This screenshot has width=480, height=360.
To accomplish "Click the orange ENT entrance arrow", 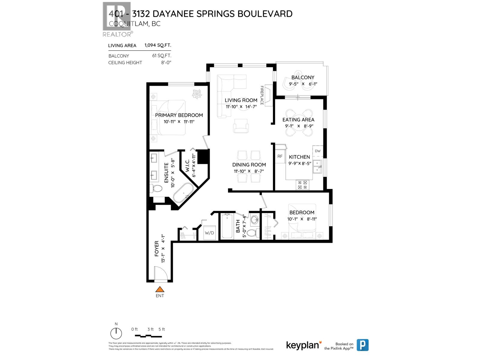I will [160, 289].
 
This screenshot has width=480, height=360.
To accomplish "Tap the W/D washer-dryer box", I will [209, 233].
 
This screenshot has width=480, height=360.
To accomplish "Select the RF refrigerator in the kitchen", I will [280, 156].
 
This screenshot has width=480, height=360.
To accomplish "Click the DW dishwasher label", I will [318, 151].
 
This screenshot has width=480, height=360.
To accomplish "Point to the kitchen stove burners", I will [302, 185].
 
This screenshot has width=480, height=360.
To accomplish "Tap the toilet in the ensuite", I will [156, 189].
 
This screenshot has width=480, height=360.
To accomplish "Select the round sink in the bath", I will [255, 219].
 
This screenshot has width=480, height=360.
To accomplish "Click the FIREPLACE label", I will [262, 95].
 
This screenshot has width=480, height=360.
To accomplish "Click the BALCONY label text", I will [303, 77].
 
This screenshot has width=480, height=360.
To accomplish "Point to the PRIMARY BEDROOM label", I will [179, 115].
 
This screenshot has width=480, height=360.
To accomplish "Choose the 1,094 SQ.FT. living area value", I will [158, 45].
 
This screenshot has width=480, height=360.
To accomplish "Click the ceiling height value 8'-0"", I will [166, 63].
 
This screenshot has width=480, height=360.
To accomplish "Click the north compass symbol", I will [116, 333].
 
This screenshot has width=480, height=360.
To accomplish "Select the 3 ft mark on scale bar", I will [150, 329].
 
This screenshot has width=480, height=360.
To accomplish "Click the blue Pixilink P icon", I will [362, 345].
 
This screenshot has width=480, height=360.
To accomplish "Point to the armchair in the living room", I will [241, 126].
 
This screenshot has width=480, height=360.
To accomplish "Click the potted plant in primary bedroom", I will [197, 94].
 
